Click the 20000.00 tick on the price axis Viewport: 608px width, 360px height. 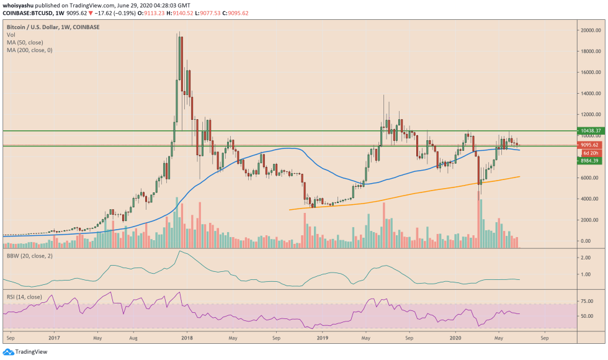tap(589, 30)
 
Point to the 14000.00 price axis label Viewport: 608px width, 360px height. tap(589, 93)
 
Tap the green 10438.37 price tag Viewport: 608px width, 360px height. tap(589, 131)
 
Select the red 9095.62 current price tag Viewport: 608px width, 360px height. tap(588, 145)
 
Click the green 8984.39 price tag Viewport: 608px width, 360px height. tap(588, 161)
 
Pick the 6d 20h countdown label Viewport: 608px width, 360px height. tap(589, 153)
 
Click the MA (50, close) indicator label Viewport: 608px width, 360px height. tap(25, 42)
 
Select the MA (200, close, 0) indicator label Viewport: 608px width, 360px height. tap(30, 50)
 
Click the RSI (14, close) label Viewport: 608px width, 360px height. tap(24, 297)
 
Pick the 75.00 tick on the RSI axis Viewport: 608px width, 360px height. tap(586, 301)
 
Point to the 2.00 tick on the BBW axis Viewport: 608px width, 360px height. tap(585, 257)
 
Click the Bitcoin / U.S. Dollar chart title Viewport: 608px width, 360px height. tap(53, 27)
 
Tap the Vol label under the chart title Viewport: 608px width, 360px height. tap(11, 35)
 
